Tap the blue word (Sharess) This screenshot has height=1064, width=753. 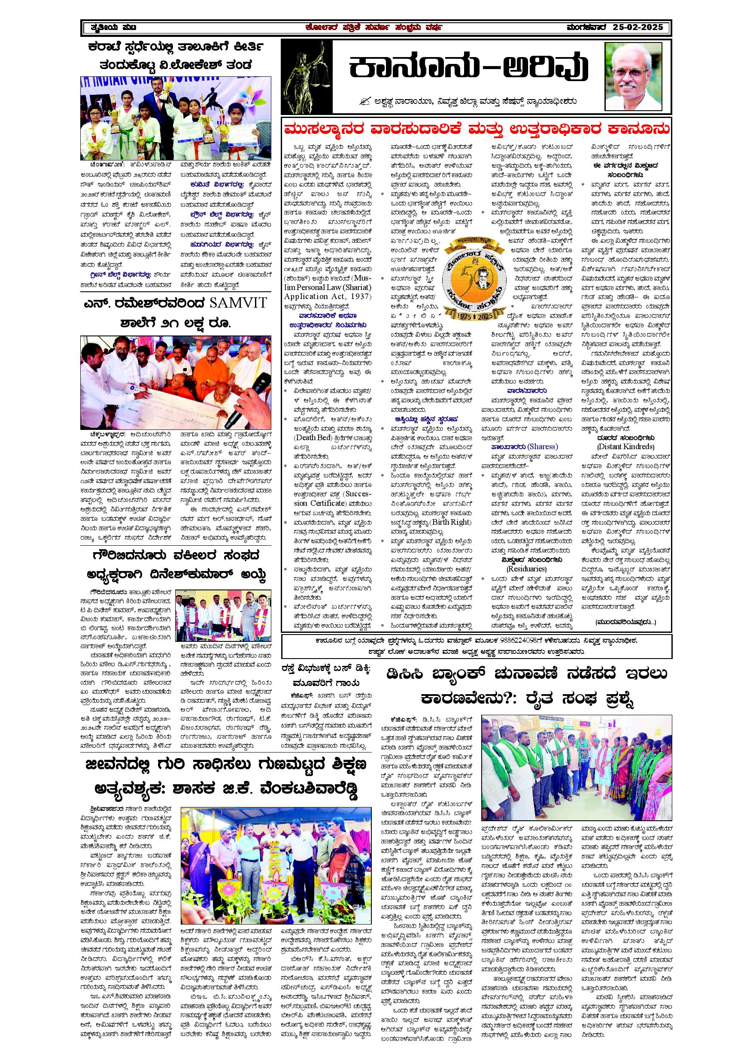tap(543, 447)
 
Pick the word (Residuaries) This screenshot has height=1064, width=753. tap(526, 568)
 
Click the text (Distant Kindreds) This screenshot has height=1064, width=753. tap(625, 447)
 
